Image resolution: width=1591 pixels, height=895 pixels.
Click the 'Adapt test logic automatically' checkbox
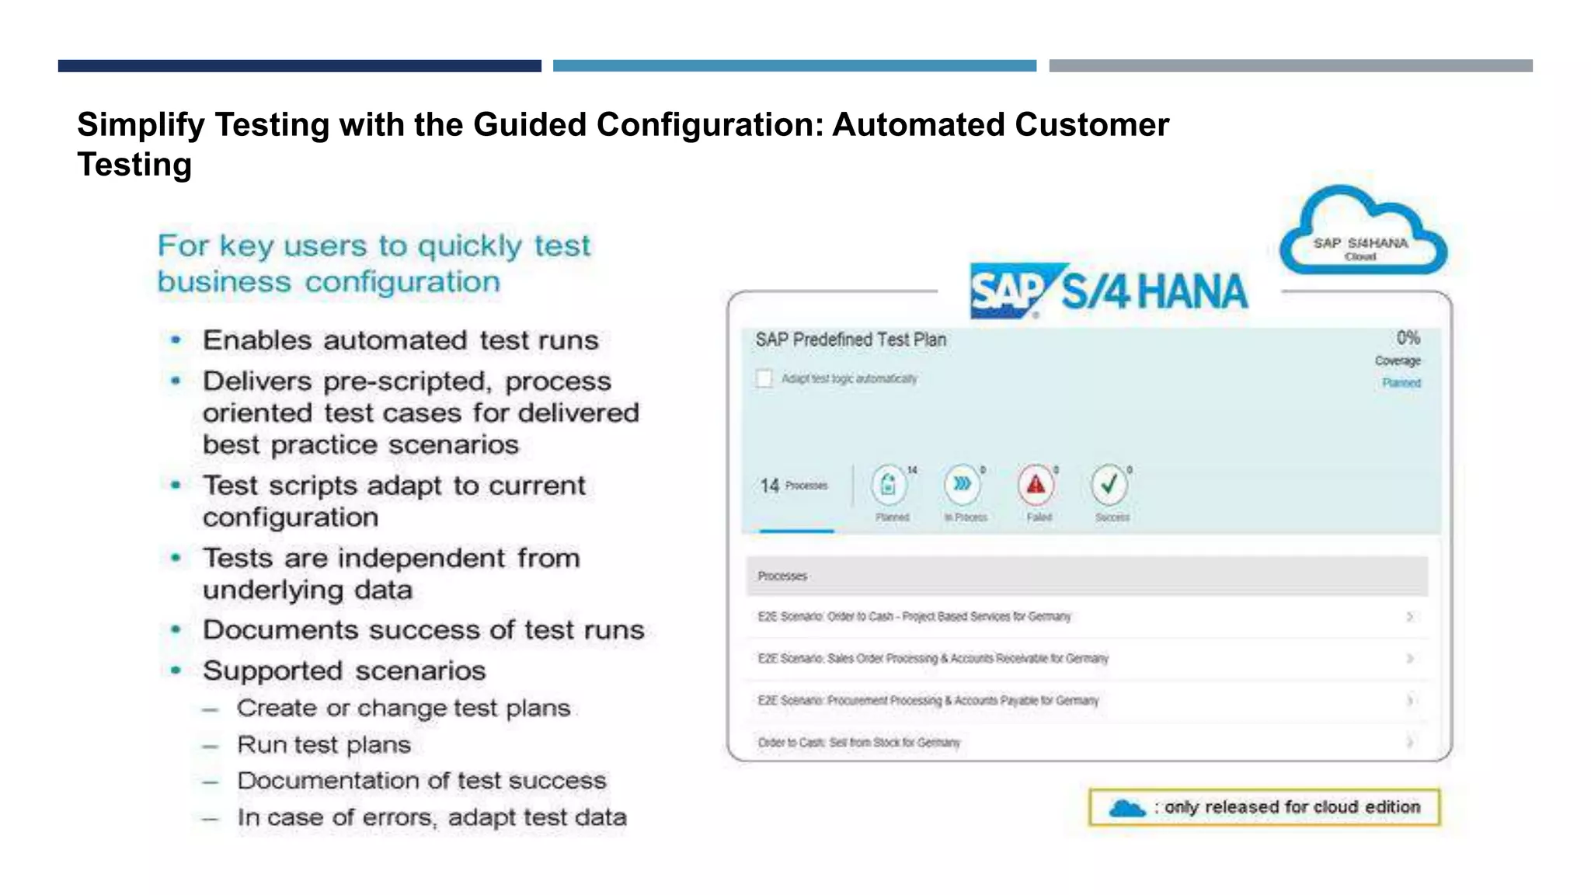(x=764, y=378)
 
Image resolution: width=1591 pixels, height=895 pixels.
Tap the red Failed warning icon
(x=1036, y=485)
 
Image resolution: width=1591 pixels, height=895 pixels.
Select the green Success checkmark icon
(x=1109, y=485)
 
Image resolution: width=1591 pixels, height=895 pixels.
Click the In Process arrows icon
(x=963, y=485)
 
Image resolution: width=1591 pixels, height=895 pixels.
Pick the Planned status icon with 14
(x=889, y=485)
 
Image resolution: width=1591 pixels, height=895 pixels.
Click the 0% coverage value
(x=1408, y=338)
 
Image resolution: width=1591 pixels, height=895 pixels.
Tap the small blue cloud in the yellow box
(x=1127, y=808)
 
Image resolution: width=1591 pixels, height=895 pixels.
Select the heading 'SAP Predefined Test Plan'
(x=851, y=340)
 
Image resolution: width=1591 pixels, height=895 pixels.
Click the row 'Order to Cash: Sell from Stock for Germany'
(x=859, y=743)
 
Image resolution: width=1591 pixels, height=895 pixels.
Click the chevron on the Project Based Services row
(x=1409, y=617)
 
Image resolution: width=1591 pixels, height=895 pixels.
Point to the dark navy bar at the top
(x=299, y=66)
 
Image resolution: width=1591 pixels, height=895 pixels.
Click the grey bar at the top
(x=1290, y=66)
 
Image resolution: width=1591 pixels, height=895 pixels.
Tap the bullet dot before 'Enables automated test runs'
(x=176, y=340)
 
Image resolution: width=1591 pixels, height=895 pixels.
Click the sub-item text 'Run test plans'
(x=324, y=745)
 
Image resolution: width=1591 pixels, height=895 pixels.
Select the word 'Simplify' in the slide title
(x=141, y=125)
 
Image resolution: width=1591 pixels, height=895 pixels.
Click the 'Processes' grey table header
(x=1087, y=576)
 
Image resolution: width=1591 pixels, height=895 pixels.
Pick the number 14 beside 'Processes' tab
(x=769, y=486)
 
